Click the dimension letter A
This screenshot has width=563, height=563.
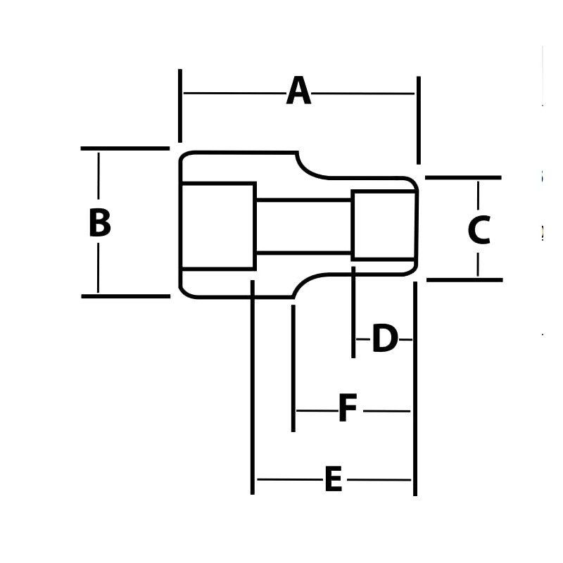[298, 92]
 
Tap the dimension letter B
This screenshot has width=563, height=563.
[99, 223]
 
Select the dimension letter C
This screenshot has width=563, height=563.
[479, 231]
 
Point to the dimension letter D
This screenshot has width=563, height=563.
[384, 339]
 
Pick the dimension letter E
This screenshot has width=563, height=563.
[333, 480]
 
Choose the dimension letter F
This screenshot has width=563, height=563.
[348, 410]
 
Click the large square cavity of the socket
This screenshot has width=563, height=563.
[217, 226]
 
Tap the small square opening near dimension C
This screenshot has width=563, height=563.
[384, 225]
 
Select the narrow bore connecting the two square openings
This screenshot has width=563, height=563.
[303, 226]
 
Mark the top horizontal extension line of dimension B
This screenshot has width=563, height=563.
[125, 148]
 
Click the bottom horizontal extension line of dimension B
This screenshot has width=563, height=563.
[125, 296]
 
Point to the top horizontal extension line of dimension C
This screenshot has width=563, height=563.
[463, 177]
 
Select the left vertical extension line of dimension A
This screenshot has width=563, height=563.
[180, 106]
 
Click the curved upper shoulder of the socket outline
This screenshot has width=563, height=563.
[308, 169]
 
